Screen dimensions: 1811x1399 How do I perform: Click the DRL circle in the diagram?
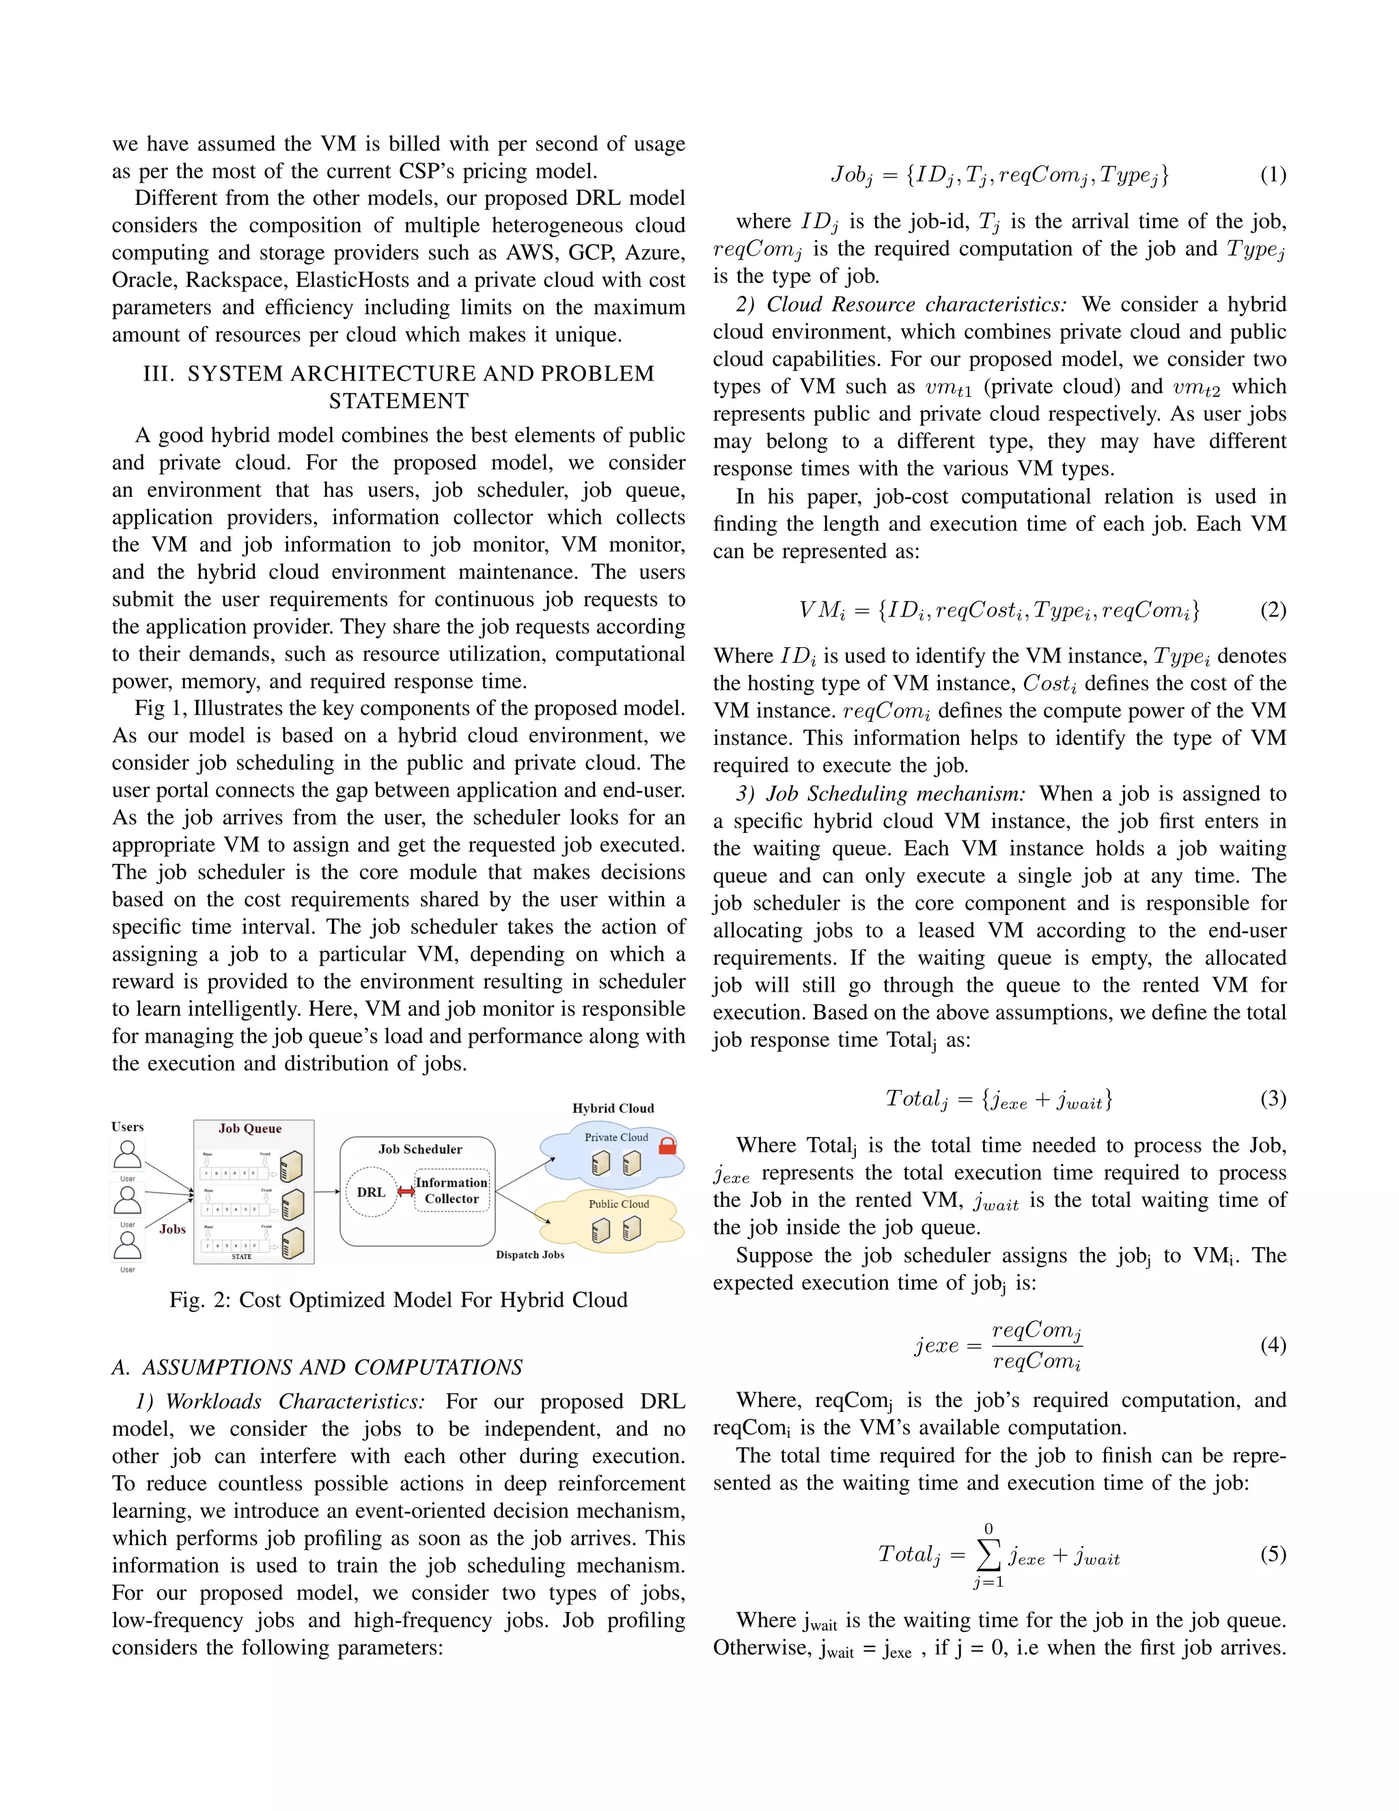[x=372, y=1193]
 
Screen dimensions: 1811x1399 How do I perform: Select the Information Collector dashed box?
[x=452, y=1190]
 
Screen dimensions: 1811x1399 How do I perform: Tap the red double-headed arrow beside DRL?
[x=406, y=1192]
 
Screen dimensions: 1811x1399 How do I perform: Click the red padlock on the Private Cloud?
[x=667, y=1146]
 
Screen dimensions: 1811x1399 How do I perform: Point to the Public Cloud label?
[x=618, y=1203]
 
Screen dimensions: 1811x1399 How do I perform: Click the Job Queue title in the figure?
[x=250, y=1128]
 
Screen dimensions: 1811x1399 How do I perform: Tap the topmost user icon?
[x=128, y=1154]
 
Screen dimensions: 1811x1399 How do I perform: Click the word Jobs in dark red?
[x=172, y=1229]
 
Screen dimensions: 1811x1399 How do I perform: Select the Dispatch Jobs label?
[x=530, y=1255]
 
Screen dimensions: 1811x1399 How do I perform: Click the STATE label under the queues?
[x=241, y=1257]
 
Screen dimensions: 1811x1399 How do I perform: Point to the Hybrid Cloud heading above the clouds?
[x=613, y=1108]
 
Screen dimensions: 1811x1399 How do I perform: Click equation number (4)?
[x=1273, y=1344]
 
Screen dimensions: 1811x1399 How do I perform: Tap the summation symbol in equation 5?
[x=988, y=1555]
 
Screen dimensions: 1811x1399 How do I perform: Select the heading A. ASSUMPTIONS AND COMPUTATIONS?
[x=318, y=1367]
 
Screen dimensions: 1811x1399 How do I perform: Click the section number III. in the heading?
[x=158, y=374]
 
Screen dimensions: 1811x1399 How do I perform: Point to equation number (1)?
[x=1273, y=175]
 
